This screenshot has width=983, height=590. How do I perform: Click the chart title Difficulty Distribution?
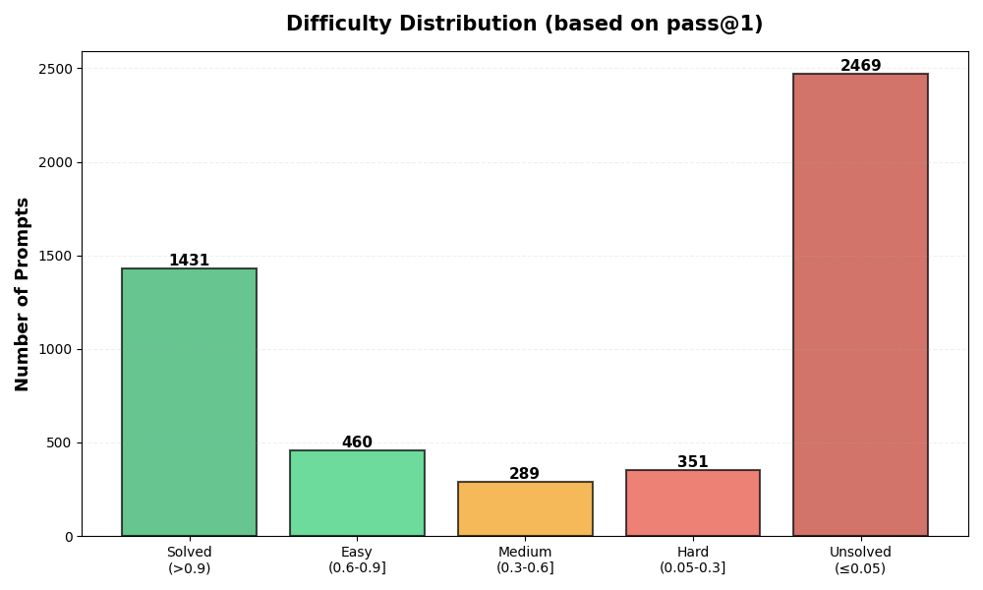(x=524, y=24)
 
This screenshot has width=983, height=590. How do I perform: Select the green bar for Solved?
(x=189, y=402)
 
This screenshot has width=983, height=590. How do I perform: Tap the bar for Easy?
(x=357, y=493)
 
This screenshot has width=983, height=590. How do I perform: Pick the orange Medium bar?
(x=525, y=508)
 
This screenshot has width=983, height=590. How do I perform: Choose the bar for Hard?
(x=693, y=502)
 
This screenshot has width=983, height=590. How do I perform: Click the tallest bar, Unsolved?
(x=860, y=305)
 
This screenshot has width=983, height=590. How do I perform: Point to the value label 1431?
(x=189, y=261)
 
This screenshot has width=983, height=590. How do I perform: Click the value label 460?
(x=357, y=442)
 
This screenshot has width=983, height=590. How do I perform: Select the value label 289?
(x=525, y=474)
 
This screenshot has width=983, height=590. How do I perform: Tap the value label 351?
(x=693, y=462)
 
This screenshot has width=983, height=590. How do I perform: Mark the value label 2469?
(x=860, y=66)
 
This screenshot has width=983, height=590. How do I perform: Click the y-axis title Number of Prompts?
(x=23, y=294)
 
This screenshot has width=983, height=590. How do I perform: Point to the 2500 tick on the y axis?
(x=56, y=69)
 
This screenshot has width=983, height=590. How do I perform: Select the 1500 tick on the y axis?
(x=56, y=256)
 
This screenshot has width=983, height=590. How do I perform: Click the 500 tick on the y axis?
(x=60, y=442)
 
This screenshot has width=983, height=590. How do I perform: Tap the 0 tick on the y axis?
(x=68, y=536)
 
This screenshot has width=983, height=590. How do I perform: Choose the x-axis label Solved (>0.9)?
(x=189, y=560)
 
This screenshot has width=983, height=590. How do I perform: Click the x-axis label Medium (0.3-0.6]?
(x=525, y=560)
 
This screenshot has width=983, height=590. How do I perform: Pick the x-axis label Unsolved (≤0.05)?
(x=860, y=560)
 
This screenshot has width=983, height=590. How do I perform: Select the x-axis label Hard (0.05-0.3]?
(x=693, y=560)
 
